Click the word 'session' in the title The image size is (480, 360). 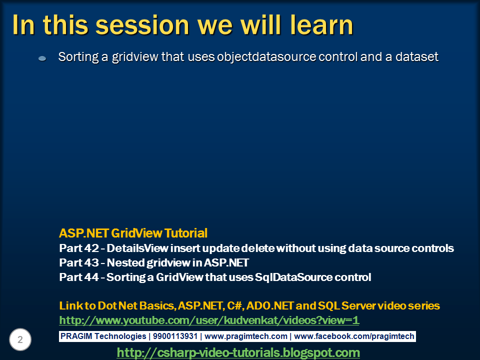coord(142,25)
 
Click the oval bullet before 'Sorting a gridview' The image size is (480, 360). coord(42,58)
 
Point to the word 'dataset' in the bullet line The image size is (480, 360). coord(417,57)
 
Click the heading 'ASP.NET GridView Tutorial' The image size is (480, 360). coord(133,233)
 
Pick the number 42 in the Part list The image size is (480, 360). coord(91,248)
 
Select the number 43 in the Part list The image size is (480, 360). coord(91,262)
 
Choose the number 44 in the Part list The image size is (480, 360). coord(91,277)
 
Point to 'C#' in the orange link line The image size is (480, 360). coord(234,306)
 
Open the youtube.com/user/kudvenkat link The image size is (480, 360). coord(209,320)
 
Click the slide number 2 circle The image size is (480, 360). coord(20,339)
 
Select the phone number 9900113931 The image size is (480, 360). coord(175,336)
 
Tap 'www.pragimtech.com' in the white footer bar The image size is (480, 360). coord(246,336)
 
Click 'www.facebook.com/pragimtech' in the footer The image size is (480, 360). coord(354,336)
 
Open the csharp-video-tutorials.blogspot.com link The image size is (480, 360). coord(238,352)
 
